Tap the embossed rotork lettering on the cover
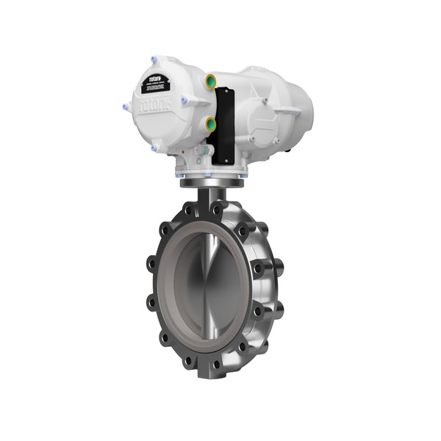tap(157, 104)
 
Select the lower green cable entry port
tap(211, 124)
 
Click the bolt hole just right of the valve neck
tap(234, 212)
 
